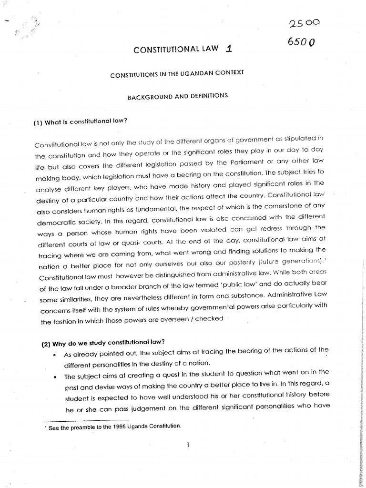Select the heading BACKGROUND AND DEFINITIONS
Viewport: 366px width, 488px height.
(x=177, y=96)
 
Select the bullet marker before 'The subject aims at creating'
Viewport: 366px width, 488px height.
(x=56, y=377)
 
